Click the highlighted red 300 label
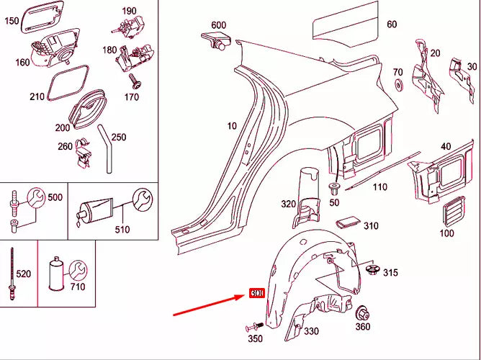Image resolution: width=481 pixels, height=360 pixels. click(x=257, y=294)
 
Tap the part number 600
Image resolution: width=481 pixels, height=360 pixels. click(x=219, y=25)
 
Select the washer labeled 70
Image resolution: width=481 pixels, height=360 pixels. click(x=397, y=87)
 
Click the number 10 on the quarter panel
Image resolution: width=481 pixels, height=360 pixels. click(x=231, y=126)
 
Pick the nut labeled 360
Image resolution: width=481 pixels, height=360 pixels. click(x=364, y=314)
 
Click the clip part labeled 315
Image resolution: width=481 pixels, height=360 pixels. click(x=373, y=271)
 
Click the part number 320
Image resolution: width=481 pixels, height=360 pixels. click(x=288, y=204)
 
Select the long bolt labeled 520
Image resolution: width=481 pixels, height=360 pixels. click(x=12, y=269)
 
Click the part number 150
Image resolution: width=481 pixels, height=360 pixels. click(x=12, y=22)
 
